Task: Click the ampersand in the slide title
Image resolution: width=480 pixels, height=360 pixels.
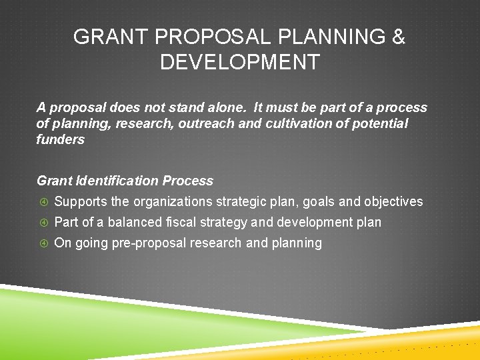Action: pyautogui.click(x=398, y=37)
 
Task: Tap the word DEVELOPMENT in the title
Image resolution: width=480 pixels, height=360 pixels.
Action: pyautogui.click(x=240, y=63)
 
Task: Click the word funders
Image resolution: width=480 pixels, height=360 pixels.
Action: pyautogui.click(x=61, y=139)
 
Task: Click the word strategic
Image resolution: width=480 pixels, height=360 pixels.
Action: pyautogui.click(x=248, y=201)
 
